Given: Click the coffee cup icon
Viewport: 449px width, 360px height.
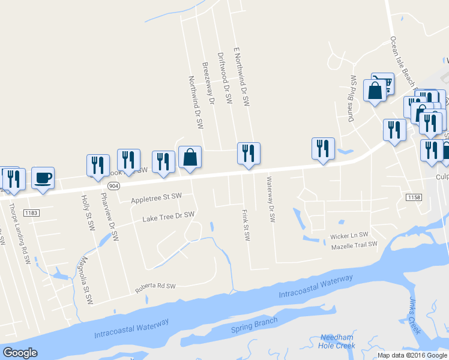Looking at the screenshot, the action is [x=43, y=178].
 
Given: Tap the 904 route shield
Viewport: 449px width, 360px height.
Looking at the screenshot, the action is [x=115, y=186].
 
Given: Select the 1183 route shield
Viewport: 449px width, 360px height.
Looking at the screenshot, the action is [x=32, y=212].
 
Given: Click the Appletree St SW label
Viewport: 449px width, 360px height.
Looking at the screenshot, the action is [x=156, y=197].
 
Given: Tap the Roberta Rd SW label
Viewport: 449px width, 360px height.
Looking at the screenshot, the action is [x=155, y=288].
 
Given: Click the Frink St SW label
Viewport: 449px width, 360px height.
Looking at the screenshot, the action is [x=246, y=225].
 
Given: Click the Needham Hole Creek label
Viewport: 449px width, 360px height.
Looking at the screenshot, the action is [x=337, y=341].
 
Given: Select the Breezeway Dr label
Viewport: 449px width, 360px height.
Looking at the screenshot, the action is [x=208, y=83].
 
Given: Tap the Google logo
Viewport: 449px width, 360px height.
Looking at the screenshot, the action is [x=20, y=353].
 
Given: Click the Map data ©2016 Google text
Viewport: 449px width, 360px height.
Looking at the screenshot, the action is [x=412, y=355].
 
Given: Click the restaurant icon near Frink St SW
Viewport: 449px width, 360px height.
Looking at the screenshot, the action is [x=249, y=153].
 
